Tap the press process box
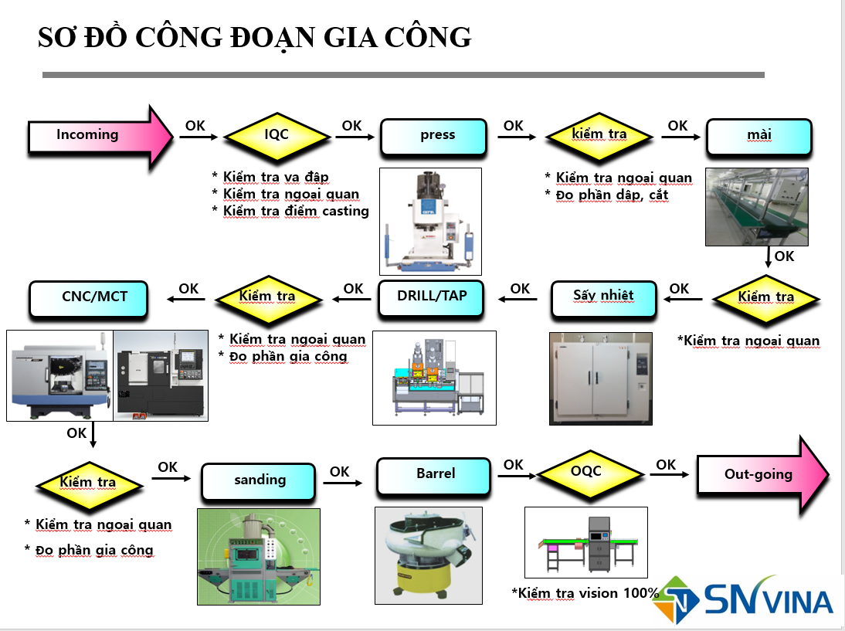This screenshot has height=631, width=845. click(x=434, y=135)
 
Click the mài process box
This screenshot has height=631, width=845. click(x=758, y=135)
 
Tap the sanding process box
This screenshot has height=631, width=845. click(x=260, y=480)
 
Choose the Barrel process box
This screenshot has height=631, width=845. click(x=433, y=475)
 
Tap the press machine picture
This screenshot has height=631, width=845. click(x=430, y=221)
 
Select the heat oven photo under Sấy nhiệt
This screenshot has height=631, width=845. click(x=600, y=378)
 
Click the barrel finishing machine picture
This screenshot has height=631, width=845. click(x=429, y=555)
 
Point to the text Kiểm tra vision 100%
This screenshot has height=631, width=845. click(x=585, y=593)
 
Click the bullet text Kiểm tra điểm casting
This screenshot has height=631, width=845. click(x=295, y=211)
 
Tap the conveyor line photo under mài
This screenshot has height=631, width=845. click(x=756, y=206)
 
